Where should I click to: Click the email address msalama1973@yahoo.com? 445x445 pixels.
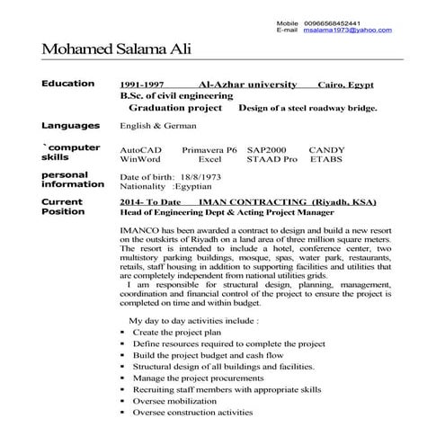352,30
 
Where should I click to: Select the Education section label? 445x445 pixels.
67,84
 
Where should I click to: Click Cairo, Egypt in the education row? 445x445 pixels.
348,85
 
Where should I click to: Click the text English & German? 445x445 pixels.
154,127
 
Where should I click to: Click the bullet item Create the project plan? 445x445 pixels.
176,332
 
